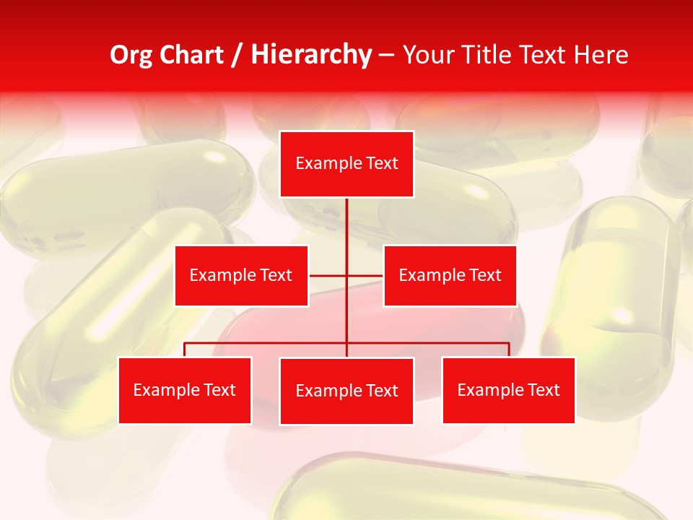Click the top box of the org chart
click(x=346, y=164)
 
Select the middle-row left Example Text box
click(x=241, y=275)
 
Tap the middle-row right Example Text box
click(x=450, y=275)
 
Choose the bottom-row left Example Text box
click(x=185, y=390)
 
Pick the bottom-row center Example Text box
click(x=346, y=391)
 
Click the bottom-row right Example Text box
click(x=508, y=390)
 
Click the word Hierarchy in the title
click(x=310, y=55)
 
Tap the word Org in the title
click(x=132, y=55)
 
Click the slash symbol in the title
click(x=237, y=55)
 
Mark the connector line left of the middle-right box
click(x=365, y=275)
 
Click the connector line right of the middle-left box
click(x=327, y=275)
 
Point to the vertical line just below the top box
click(x=346, y=217)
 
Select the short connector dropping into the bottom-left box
click(x=185, y=350)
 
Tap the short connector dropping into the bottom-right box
click(x=509, y=350)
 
